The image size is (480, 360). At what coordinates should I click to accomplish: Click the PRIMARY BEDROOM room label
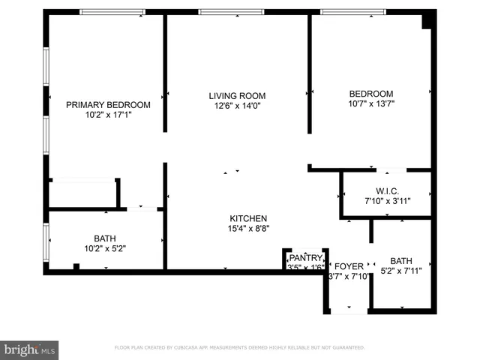pyautogui.click(x=108, y=105)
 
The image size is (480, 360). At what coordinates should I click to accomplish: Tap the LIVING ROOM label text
pyautogui.click(x=237, y=96)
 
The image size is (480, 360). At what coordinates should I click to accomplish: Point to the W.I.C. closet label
pyautogui.click(x=388, y=190)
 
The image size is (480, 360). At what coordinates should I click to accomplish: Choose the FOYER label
pyautogui.click(x=349, y=266)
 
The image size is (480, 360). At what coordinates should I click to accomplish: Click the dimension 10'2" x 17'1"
pyautogui.click(x=108, y=115)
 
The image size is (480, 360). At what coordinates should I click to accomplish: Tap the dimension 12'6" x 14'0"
pyautogui.click(x=237, y=106)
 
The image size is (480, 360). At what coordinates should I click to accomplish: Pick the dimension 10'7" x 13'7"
pyautogui.click(x=370, y=104)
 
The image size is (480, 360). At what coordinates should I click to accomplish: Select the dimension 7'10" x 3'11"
pyautogui.click(x=388, y=201)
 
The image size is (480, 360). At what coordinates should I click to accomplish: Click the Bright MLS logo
pyautogui.click(x=29, y=349)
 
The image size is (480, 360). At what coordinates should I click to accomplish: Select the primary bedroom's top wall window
pyautogui.click(x=112, y=12)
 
